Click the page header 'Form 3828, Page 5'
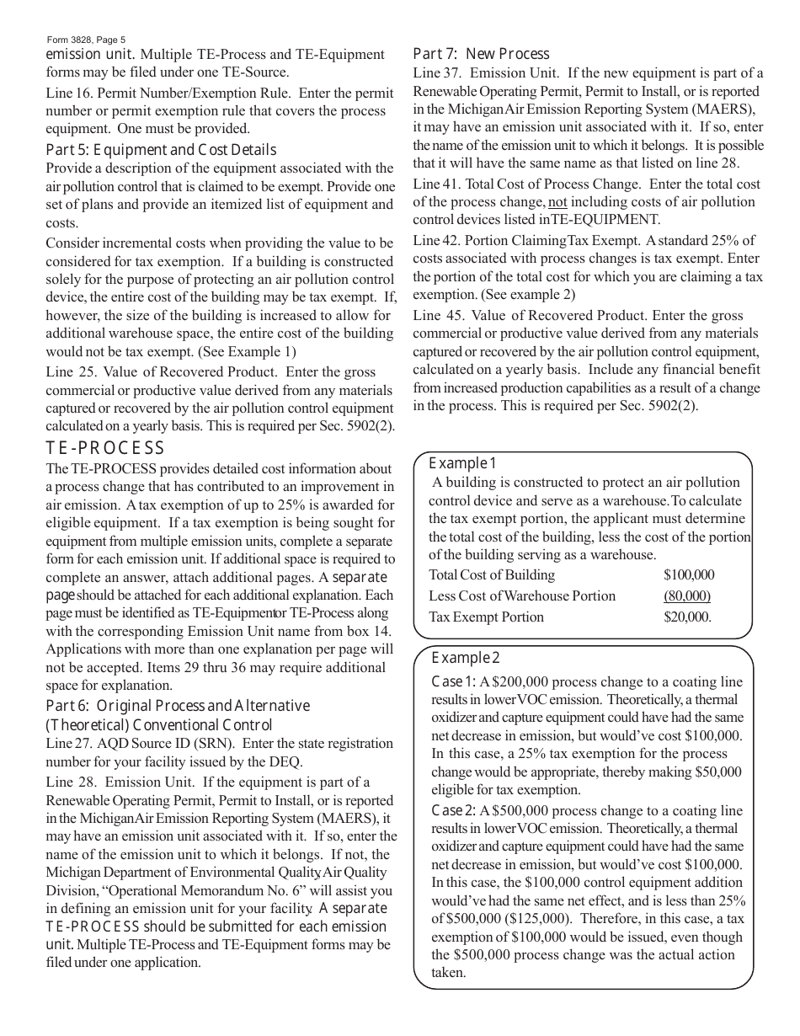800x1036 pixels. click(87, 40)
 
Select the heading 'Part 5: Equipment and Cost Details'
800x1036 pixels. click(160, 150)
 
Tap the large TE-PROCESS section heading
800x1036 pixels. click(105, 448)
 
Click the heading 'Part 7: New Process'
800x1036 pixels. click(481, 54)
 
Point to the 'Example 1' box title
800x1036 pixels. click(463, 462)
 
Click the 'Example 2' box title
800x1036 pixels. click(466, 658)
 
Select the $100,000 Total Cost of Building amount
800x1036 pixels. click(689, 575)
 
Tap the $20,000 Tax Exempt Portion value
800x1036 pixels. click(687, 617)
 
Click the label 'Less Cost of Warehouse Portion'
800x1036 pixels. click(522, 596)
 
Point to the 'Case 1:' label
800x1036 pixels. click(454, 681)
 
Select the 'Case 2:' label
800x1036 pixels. click(454, 810)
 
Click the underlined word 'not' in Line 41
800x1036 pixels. click(557, 202)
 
